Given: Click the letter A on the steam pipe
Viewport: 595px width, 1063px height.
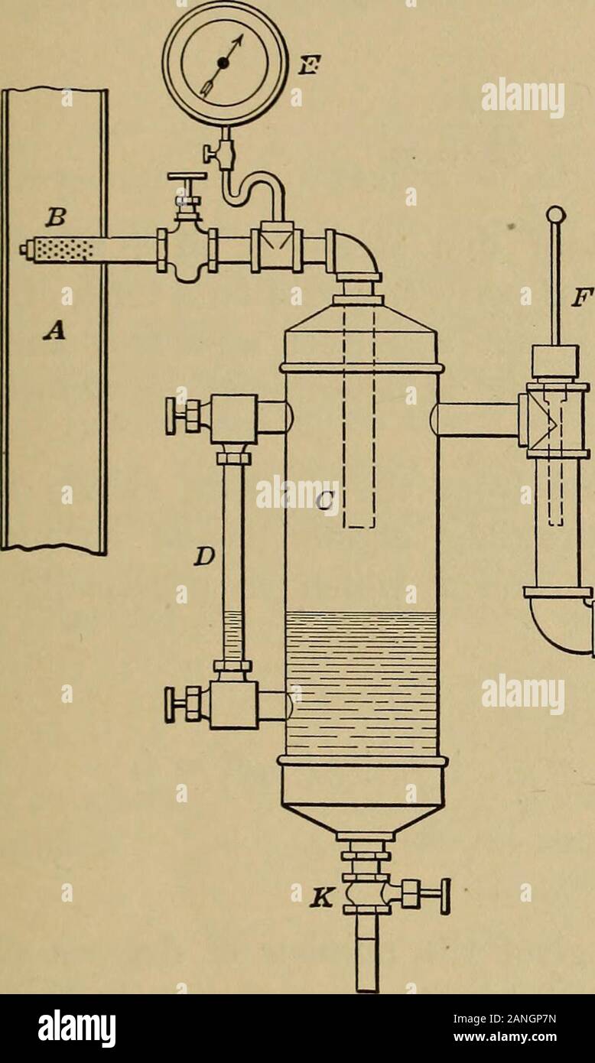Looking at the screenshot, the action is click(x=57, y=328).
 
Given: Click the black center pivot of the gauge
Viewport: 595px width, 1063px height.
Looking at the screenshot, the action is click(x=223, y=63).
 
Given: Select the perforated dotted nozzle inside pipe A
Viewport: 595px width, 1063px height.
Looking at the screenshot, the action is click(x=63, y=249).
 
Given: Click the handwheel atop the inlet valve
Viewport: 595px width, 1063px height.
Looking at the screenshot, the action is click(x=187, y=177).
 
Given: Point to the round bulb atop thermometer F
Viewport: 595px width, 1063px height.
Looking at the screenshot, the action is click(x=556, y=215).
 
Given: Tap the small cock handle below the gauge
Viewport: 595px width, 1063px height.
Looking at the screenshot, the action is click(x=208, y=153).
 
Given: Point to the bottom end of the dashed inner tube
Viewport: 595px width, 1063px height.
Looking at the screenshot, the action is click(x=359, y=527).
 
